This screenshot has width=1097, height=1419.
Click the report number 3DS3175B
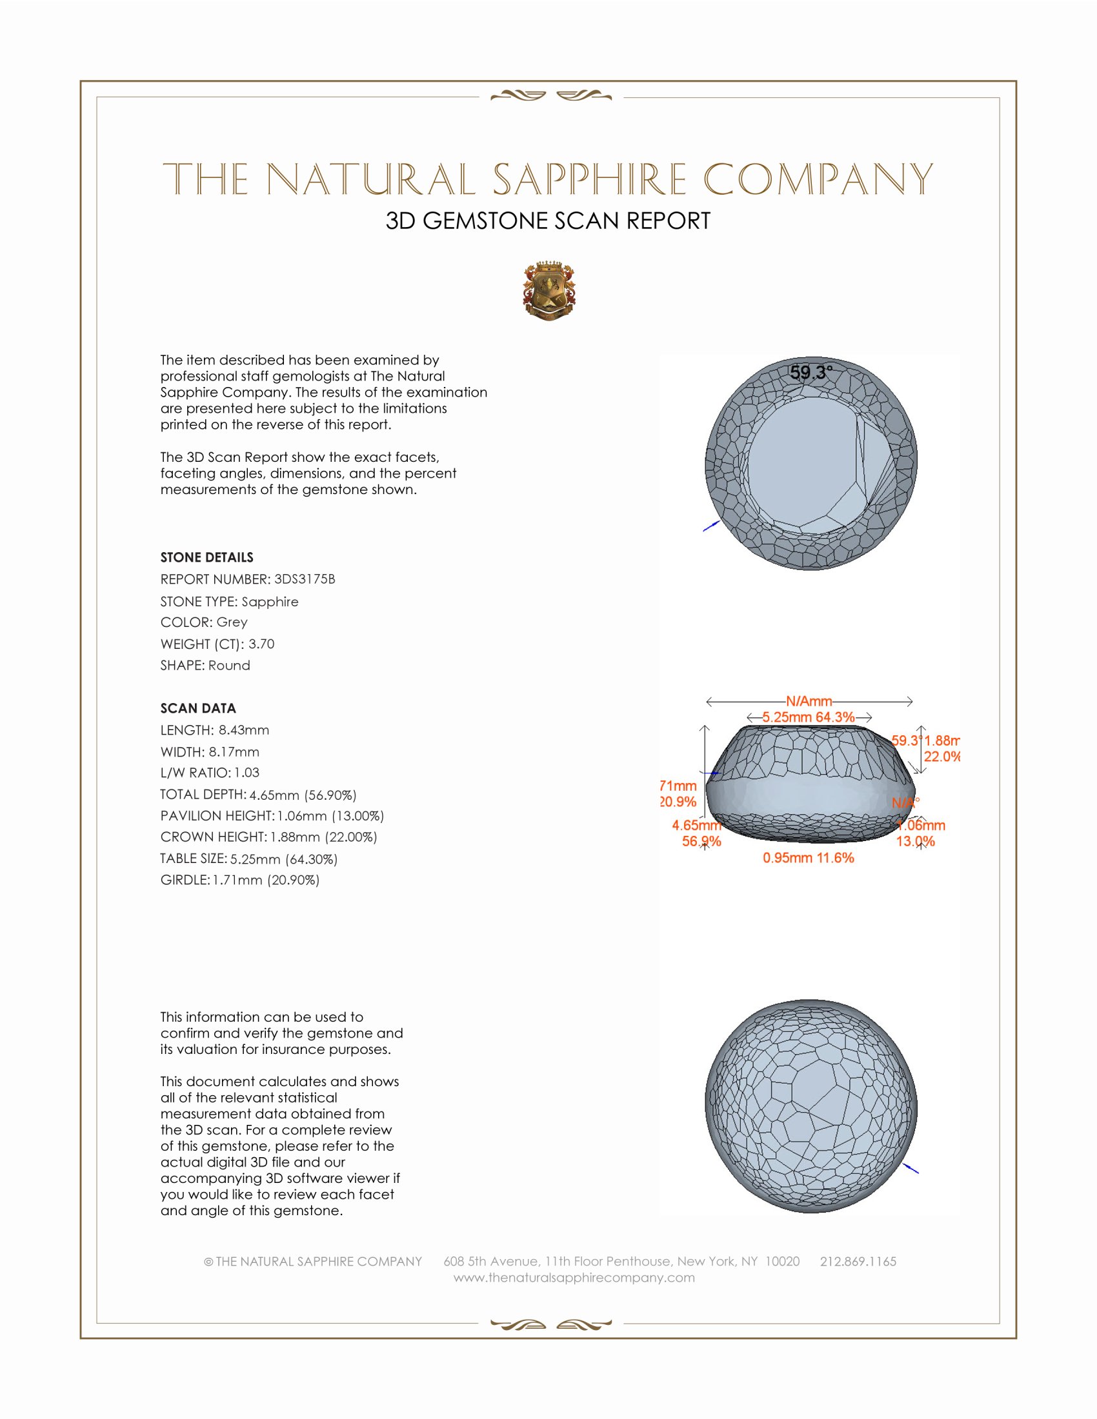click(304, 579)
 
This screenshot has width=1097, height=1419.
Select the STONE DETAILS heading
click(206, 557)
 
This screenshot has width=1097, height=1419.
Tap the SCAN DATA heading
click(198, 708)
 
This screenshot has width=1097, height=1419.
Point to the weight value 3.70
click(261, 644)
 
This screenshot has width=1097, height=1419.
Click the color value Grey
click(232, 622)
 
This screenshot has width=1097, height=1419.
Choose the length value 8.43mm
click(244, 729)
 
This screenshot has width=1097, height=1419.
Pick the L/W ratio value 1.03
click(247, 773)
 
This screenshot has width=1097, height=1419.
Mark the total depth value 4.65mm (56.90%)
click(303, 795)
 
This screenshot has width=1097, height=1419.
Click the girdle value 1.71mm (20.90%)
click(266, 880)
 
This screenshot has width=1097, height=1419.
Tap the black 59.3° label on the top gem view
click(810, 372)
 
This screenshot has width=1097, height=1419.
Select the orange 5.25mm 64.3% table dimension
click(808, 717)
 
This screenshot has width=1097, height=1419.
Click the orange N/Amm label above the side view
click(809, 701)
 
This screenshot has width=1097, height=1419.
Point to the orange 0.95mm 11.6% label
click(808, 858)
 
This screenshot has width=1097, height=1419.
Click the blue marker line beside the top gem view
click(711, 526)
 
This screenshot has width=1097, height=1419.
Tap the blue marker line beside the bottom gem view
click(911, 1167)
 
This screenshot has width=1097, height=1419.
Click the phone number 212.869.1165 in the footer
click(858, 1261)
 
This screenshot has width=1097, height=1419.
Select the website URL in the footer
click(574, 1277)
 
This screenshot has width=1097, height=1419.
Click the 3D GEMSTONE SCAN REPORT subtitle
click(548, 221)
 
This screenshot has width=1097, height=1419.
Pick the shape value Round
click(230, 666)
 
